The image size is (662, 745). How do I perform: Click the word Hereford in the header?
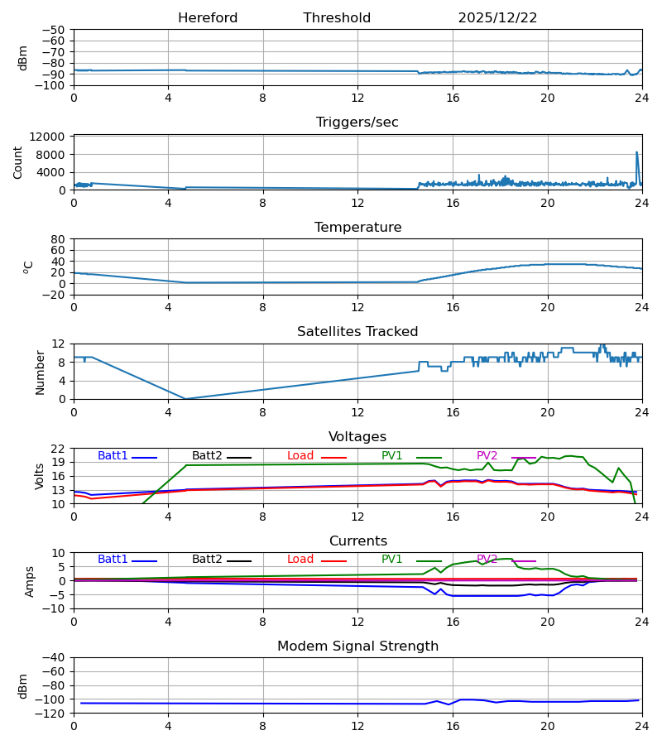click(x=208, y=18)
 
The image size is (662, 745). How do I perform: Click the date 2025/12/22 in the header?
click(x=497, y=18)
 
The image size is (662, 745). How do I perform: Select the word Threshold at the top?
click(x=337, y=18)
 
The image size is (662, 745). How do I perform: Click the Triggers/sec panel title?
click(x=357, y=123)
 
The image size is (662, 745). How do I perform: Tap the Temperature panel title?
click(x=357, y=228)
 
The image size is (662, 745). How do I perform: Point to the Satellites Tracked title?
click(x=357, y=332)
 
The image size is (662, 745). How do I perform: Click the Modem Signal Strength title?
click(x=357, y=646)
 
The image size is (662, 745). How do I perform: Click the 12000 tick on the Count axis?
click(x=52, y=137)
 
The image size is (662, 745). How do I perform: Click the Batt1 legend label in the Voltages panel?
click(x=113, y=456)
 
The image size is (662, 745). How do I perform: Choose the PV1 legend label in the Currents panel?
click(x=396, y=560)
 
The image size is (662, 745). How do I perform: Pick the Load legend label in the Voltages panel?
click(x=300, y=456)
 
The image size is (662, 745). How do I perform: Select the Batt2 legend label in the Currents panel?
click(x=207, y=560)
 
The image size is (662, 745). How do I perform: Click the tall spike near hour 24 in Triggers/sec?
click(x=636, y=153)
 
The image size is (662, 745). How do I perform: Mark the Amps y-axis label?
click(x=29, y=581)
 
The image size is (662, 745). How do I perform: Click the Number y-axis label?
click(x=41, y=372)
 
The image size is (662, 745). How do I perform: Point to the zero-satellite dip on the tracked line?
click(x=185, y=398)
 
